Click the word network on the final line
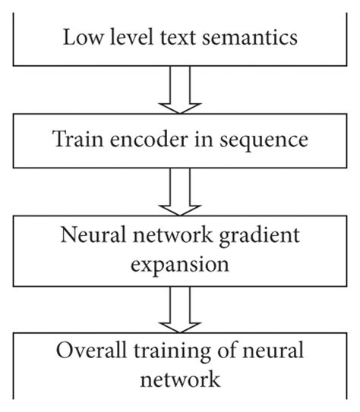tap(179, 379)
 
